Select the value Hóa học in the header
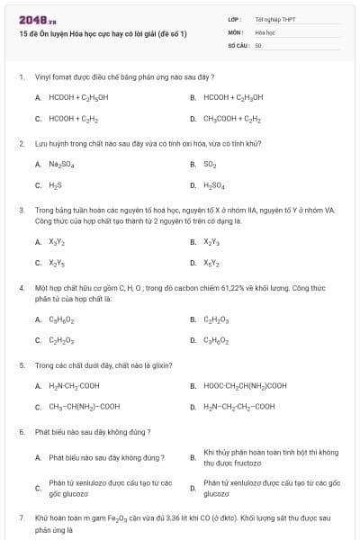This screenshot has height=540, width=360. pos(265,31)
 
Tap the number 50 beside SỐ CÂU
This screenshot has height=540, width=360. pos(258,44)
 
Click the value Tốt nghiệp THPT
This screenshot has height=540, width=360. pos(274,19)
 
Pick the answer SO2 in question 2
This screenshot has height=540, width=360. pos(210,165)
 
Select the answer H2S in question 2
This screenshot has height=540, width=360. pos(55,185)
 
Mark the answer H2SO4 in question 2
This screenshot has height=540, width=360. pos(214,185)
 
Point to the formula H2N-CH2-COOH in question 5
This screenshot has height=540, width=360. pos(74,386)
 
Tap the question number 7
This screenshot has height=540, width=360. pos(22,518)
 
